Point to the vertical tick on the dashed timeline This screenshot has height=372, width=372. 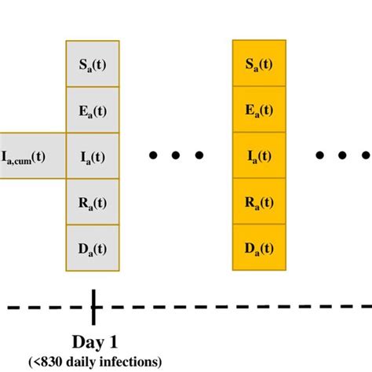pos(93,306)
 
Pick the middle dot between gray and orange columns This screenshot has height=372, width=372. pos(177,155)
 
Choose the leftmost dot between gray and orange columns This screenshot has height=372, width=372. pos(155,155)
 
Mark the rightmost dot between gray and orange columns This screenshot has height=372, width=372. pos(199,155)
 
